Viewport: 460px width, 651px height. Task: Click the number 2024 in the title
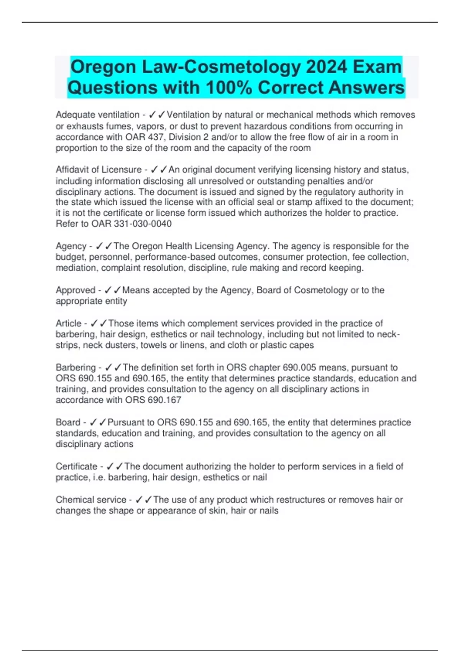[x=327, y=67]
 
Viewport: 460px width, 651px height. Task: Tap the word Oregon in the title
[x=103, y=67]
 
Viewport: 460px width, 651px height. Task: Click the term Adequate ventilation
[x=97, y=115]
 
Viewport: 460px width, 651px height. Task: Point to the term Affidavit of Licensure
[x=99, y=170]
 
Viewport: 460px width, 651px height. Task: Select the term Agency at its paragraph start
[x=71, y=246]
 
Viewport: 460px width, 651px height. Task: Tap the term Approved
[x=76, y=290]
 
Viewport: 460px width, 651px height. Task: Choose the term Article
[x=69, y=324]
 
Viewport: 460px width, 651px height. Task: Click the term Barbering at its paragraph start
[x=76, y=368]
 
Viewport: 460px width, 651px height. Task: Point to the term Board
[x=68, y=422]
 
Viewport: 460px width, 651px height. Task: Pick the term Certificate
[x=76, y=466]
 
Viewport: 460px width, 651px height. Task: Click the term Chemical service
[x=91, y=500]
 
